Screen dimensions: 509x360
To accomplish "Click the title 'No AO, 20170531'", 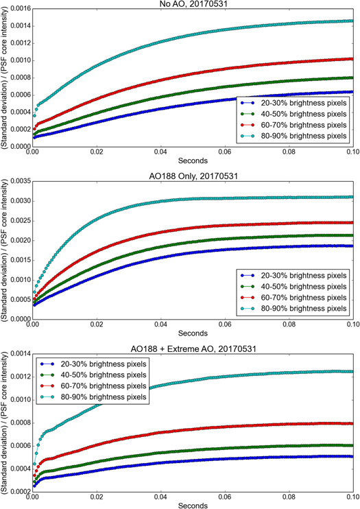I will click(x=192, y=4).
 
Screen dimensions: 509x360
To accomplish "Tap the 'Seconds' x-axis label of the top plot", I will click(x=192, y=161).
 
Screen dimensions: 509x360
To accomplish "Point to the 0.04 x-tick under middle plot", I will click(x=160, y=322).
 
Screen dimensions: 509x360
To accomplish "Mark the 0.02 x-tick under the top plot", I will click(x=97, y=152).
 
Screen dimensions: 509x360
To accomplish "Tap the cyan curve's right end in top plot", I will click(x=352, y=21).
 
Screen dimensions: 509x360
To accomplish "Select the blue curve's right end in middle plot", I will click(x=352, y=246).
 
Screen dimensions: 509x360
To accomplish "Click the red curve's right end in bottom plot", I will click(x=352, y=423).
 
